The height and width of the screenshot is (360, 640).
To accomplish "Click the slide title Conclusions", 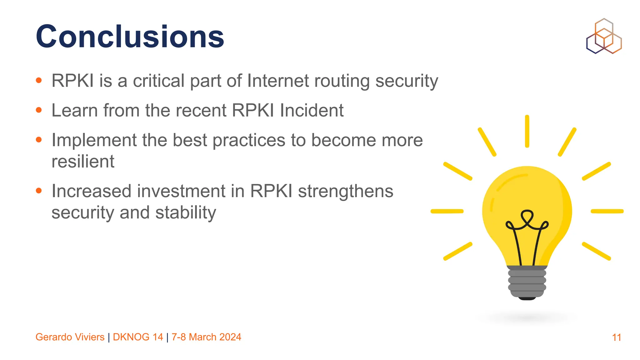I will click(130, 37).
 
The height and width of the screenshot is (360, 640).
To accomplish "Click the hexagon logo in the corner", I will click(604, 36).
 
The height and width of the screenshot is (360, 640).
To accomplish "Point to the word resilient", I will click(83, 162).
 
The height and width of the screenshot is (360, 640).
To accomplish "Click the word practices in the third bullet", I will click(249, 140).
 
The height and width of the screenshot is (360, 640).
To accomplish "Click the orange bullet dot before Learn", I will click(39, 110).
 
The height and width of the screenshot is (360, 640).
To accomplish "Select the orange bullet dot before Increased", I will click(39, 191).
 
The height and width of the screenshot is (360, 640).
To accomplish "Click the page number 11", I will click(616, 337).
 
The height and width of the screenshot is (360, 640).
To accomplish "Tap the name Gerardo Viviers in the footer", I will click(70, 337).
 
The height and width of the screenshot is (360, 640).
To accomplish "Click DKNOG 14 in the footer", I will click(138, 337).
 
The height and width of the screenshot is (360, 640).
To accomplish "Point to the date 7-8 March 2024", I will click(206, 337).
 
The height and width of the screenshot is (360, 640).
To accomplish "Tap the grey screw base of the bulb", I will click(527, 281).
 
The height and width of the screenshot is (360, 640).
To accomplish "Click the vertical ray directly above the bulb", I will click(527, 131).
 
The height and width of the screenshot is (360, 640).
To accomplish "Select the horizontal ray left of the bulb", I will click(447, 211).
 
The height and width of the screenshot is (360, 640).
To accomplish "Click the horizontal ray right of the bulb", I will click(607, 211).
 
